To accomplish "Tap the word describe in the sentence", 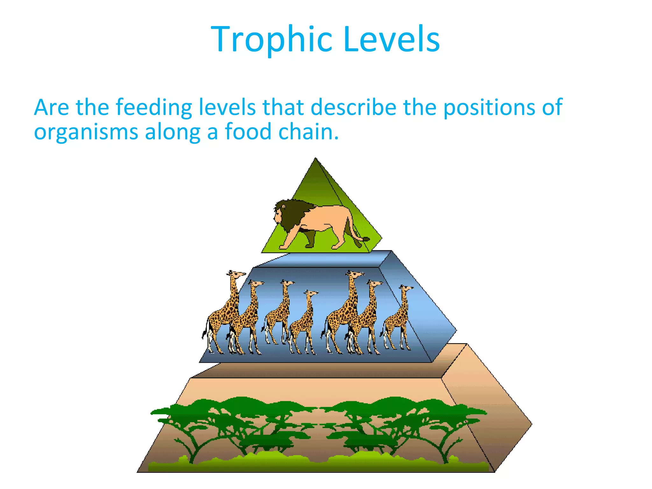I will (353, 108).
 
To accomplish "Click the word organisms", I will (86, 132).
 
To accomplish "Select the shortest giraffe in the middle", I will (304, 322).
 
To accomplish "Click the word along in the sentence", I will (172, 132).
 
